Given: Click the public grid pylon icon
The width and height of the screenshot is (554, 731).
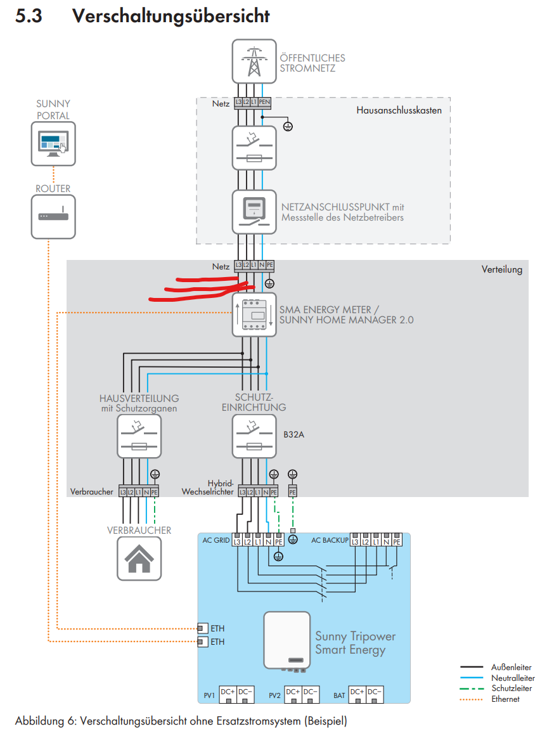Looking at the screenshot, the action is point(254,61).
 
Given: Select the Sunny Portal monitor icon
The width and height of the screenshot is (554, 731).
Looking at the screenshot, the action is point(53,143).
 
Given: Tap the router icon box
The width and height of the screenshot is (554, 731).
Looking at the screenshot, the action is point(53,217).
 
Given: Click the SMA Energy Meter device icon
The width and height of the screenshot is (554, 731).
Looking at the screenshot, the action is point(254,314).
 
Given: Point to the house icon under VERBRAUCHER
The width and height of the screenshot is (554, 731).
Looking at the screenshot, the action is point(139,559).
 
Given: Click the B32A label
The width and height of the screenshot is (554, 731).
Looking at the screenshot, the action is point(293,434).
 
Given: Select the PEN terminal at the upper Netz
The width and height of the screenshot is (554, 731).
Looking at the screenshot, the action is point(264,102).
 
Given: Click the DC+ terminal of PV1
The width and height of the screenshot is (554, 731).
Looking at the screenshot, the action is point(228,694).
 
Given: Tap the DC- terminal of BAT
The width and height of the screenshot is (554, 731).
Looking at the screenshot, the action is point(375,694).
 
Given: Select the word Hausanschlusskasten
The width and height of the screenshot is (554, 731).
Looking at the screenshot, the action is point(399,110).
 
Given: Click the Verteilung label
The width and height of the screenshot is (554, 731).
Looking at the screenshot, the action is point(502,269).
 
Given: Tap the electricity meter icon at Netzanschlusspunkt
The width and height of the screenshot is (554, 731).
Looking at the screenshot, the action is point(254,212).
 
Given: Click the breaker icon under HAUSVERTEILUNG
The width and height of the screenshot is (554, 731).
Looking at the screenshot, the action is point(139,436).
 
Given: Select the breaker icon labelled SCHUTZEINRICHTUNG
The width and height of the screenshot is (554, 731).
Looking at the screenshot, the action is point(254,436).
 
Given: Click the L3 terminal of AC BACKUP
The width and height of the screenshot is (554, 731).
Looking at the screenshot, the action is point(355,541).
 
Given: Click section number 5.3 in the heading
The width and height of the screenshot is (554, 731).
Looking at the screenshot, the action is point(29,16).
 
